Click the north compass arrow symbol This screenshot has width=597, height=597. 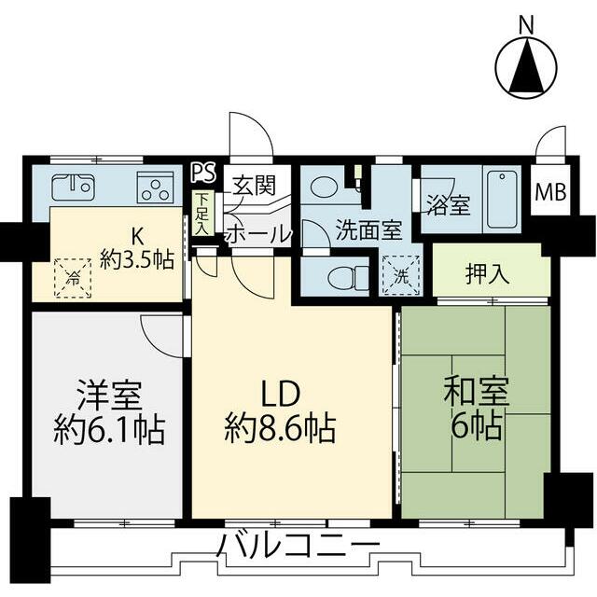click(x=527, y=69)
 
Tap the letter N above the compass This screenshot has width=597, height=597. click(x=527, y=24)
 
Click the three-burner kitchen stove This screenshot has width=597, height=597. click(x=153, y=187)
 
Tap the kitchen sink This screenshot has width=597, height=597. click(x=71, y=187)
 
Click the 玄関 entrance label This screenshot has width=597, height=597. click(x=254, y=185)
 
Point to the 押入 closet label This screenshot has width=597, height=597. click(x=487, y=275)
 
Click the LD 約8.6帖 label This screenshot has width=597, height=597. click(x=280, y=410)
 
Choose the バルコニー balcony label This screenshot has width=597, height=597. click(x=299, y=545)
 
